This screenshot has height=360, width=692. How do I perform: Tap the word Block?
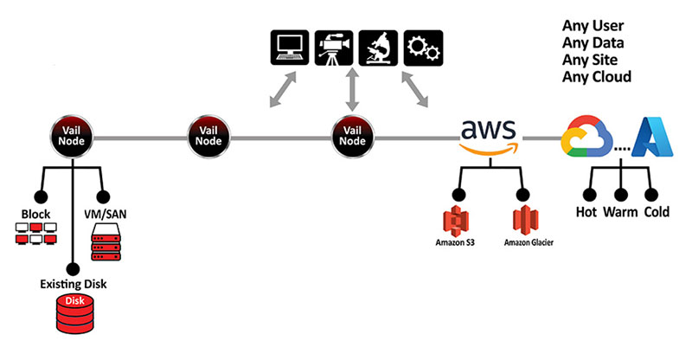click(35, 214)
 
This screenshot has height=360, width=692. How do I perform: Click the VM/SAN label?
click(104, 214)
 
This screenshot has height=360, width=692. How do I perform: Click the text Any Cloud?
click(597, 77)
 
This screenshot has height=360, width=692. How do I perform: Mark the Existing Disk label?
click(74, 283)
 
